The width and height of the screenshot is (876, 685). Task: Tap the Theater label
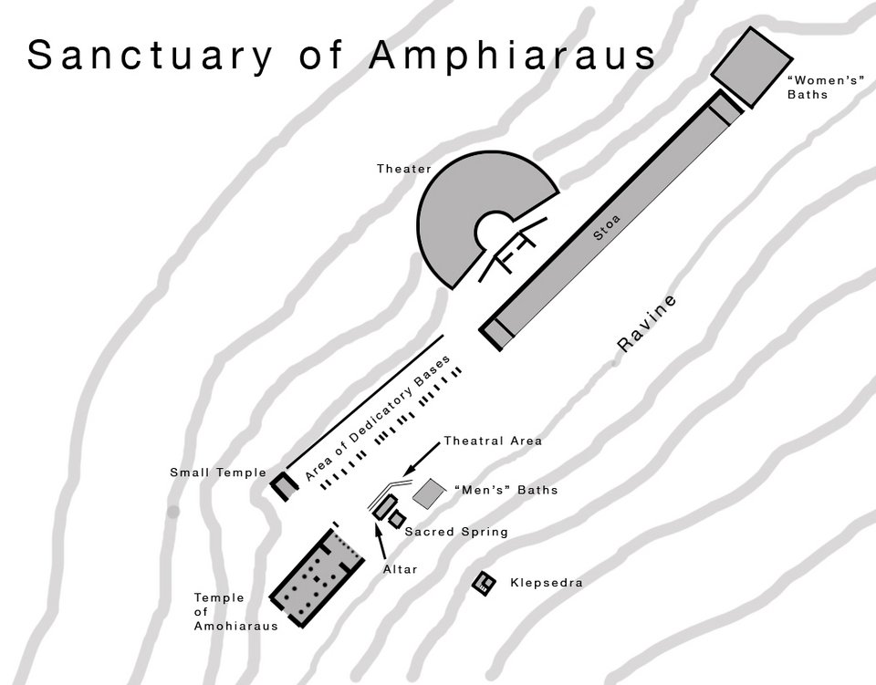[404, 169]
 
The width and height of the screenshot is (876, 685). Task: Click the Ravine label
[648, 324]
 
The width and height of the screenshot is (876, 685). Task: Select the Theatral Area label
[493, 441]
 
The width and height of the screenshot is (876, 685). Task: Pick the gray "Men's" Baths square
[430, 493]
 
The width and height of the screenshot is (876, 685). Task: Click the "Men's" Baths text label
[505, 491]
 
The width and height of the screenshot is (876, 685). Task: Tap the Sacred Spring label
[456, 532]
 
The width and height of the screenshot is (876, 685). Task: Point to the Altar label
[400, 569]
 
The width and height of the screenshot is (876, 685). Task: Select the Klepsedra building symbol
[484, 582]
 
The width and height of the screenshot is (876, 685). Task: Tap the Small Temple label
[218, 472]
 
